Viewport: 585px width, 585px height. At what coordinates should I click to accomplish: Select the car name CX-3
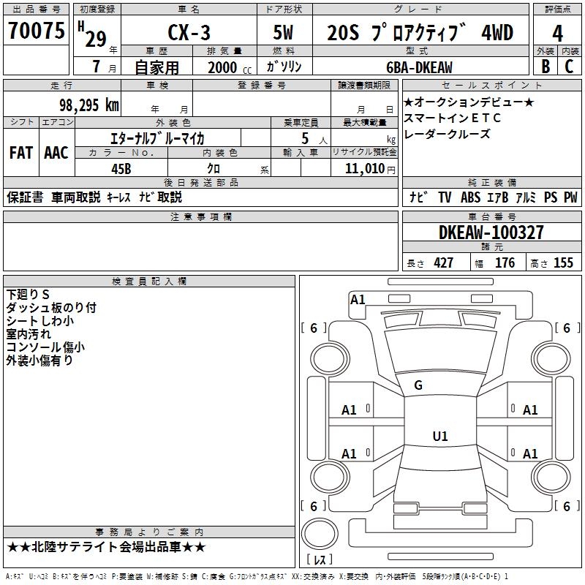tap(186, 33)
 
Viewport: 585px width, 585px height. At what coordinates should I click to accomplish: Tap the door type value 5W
tap(284, 33)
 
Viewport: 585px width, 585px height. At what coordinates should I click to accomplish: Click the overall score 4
tap(557, 33)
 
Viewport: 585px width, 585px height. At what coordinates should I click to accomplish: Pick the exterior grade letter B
tap(545, 67)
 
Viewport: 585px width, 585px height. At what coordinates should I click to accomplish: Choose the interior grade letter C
tap(570, 67)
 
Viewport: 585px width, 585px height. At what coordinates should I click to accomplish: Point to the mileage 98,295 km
tap(89, 105)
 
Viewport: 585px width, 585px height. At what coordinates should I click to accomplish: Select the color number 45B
tap(121, 167)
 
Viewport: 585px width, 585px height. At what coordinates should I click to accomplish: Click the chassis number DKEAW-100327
tap(491, 233)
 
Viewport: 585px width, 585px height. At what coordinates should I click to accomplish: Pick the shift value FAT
tap(20, 153)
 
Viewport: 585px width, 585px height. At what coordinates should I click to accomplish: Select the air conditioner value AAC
tap(56, 153)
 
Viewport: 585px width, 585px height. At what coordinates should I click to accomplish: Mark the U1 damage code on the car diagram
tap(439, 437)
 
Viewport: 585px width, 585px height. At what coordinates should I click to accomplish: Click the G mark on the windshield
tap(418, 385)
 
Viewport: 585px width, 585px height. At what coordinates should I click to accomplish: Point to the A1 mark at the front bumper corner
tap(358, 299)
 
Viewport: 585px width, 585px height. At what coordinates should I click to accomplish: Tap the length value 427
tap(443, 263)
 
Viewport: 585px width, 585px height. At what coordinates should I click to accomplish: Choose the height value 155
tap(563, 263)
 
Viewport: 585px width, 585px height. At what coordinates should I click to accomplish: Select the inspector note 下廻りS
tap(28, 294)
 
